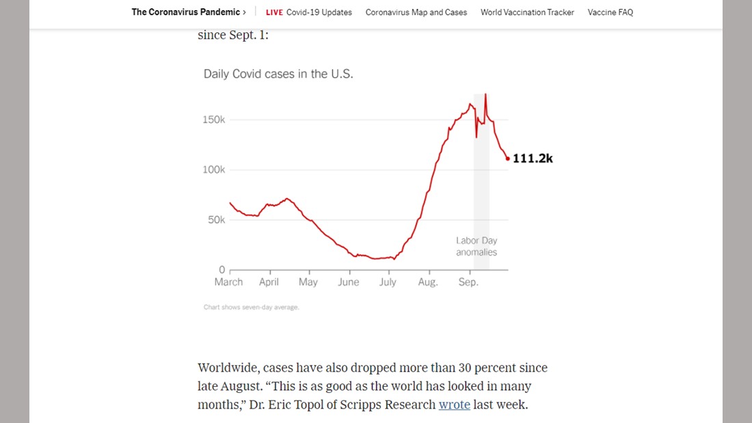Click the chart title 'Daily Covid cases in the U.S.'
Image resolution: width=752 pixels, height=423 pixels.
(x=278, y=74)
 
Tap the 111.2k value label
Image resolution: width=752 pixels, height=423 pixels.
(x=533, y=159)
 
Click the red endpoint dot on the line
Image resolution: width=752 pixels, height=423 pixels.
(x=507, y=159)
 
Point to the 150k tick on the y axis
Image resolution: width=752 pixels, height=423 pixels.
(x=214, y=120)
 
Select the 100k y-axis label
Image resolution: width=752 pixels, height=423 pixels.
(x=214, y=169)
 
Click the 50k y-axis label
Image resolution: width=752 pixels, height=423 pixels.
(x=216, y=220)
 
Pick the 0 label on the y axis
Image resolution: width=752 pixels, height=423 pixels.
(x=221, y=270)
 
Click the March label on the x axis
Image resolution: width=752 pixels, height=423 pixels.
(x=228, y=282)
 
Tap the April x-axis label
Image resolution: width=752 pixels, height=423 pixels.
(x=269, y=282)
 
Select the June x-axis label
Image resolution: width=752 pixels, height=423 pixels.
(x=348, y=282)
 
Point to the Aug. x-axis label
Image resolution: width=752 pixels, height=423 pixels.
(x=428, y=282)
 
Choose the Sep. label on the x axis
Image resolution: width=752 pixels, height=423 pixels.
(x=468, y=282)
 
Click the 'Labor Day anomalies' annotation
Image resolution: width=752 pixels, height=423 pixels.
(x=476, y=247)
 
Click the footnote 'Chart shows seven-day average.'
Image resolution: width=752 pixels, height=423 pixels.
(x=251, y=308)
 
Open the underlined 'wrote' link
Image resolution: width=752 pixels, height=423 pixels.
(x=454, y=405)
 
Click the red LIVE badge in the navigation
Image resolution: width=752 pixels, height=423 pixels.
(x=274, y=12)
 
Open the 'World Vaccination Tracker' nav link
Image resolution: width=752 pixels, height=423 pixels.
(x=527, y=12)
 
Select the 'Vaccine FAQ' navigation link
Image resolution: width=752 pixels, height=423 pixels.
(x=610, y=12)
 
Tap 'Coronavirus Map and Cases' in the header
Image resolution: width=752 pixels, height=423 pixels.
(x=416, y=12)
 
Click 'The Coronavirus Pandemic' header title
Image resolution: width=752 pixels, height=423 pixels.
(x=186, y=12)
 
